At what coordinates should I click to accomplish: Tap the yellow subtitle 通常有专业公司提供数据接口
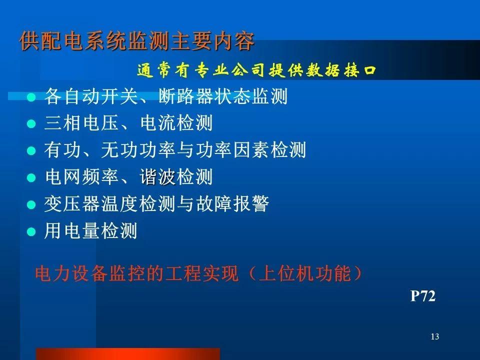pos(256,70)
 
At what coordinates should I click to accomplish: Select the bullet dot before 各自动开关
pos(31,97)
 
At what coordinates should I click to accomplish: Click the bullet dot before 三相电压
pos(31,124)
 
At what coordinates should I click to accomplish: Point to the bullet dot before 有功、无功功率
pos(31,151)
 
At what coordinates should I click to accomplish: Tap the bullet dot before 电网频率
pos(31,178)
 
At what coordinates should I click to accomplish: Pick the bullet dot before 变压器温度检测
pos(31,204)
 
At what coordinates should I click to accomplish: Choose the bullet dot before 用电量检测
pos(31,231)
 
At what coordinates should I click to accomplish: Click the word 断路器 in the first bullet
pos(185,96)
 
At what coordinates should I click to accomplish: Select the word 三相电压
pos(81,123)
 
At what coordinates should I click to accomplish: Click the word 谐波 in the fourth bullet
pos(157,177)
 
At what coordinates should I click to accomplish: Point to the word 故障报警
pos(232,204)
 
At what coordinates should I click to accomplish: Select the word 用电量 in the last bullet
pos(71,231)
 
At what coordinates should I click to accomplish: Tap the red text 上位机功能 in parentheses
pos(305,273)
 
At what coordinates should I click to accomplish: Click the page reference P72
pos(423,296)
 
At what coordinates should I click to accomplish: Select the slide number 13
pos(434,336)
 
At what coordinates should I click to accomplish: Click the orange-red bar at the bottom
pos(128,354)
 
